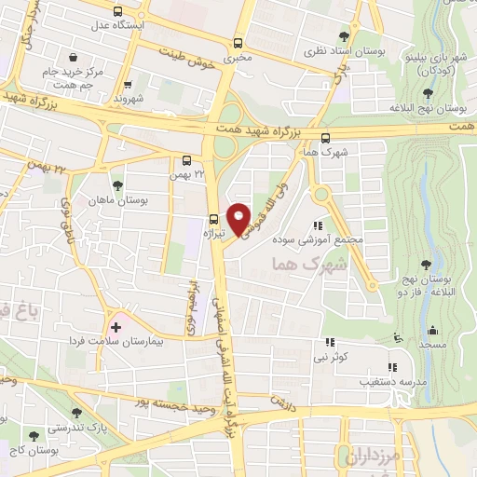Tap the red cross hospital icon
pos(116,327)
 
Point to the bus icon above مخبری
pos(238,43)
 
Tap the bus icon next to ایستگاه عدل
pos(116,12)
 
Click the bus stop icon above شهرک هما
pos(324,139)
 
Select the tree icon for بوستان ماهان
pos(116,185)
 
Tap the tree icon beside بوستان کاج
pos(34,435)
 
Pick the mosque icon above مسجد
pos(431,330)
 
